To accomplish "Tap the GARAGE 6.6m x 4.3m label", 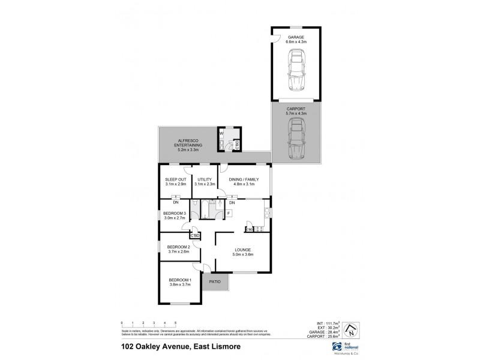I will (295, 40).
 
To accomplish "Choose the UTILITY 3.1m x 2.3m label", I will (204, 181).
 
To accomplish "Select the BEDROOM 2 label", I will (178, 250).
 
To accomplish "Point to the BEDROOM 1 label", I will (179, 283).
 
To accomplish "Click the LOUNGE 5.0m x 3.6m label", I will (242, 252).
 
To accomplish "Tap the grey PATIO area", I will (215, 280).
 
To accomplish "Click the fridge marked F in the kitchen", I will (228, 213).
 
